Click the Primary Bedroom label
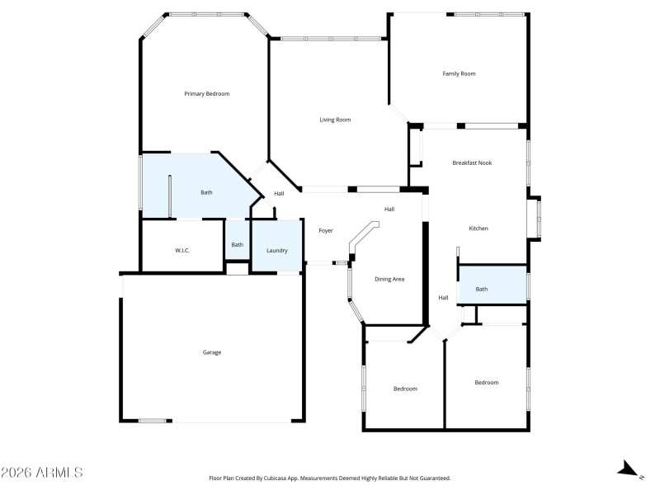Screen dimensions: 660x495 [206, 94]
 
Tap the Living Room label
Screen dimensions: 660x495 [335, 120]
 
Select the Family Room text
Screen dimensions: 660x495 [459, 74]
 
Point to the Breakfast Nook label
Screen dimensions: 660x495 [472, 163]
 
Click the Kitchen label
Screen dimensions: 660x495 [479, 229]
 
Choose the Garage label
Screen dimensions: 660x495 [212, 352]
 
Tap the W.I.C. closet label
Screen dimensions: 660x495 [182, 250]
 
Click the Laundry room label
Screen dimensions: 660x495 [276, 250]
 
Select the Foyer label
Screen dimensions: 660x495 [326, 230]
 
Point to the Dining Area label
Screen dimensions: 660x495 [389, 279]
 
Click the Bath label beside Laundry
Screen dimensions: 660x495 [237, 244]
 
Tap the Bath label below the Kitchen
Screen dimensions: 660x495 [481, 289]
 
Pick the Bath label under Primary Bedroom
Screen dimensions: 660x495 [206, 192]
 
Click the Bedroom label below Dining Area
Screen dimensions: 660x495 [404, 389]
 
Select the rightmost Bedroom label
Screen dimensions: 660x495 [486, 382]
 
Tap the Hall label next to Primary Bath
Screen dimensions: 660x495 [279, 194]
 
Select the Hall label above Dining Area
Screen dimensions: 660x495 [389, 209]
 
